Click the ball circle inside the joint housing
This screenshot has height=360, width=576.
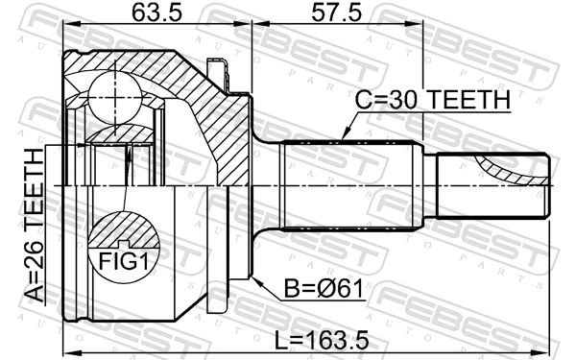tap(114, 94)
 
